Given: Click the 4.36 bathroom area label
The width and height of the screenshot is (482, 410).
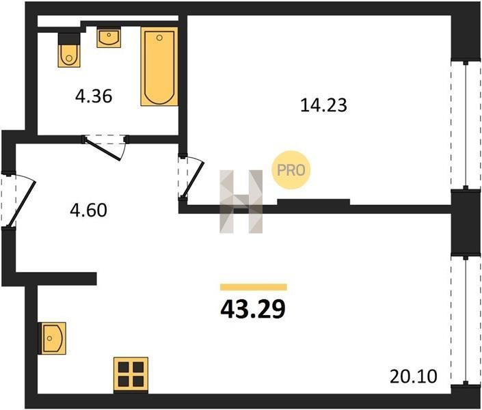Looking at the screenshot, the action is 94,96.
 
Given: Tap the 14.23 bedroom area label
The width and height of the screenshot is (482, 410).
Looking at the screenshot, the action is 323,105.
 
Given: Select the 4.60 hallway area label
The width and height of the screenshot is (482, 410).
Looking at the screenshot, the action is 88,211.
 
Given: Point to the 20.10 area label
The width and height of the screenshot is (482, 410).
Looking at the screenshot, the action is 413,377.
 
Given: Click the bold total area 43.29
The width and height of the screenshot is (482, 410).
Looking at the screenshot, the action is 253,309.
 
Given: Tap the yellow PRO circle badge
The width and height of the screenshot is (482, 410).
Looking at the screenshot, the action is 291,170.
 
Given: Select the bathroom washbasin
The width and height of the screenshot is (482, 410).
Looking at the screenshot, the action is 109,37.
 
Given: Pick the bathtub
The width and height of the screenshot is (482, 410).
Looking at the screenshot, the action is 159,66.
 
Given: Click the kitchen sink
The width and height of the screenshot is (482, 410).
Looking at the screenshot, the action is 52,338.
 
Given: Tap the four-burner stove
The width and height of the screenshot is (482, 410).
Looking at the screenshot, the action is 131,375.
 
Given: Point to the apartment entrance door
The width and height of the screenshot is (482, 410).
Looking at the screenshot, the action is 18,201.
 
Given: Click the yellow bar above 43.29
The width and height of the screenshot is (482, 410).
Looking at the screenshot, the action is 253,287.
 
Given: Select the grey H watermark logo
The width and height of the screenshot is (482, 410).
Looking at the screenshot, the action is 241,202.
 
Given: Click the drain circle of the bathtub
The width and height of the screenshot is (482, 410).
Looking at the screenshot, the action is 159,38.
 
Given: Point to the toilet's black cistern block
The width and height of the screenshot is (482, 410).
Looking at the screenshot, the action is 69,38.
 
